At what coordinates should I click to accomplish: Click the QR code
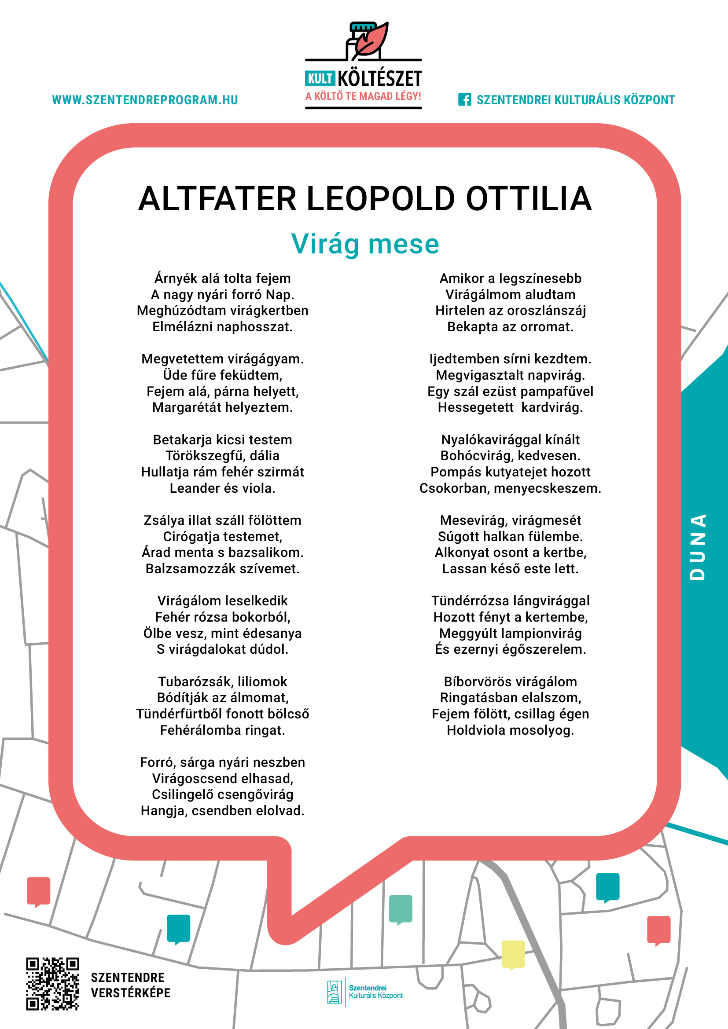pos(52,984)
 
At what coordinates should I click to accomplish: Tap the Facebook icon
pos(464,99)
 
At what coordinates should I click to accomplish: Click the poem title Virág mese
pos(365,244)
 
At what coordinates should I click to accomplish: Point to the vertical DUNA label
pos(698,547)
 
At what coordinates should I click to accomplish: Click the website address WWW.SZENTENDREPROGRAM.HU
pos(145,100)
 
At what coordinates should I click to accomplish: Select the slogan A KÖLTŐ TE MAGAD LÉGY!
pos(363,96)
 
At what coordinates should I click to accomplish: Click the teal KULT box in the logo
pos(320,79)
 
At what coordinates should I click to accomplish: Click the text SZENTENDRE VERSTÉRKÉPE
pos(130,985)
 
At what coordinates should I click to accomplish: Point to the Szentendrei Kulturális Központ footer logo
pos(365,992)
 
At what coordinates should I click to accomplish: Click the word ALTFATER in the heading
pos(217,198)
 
